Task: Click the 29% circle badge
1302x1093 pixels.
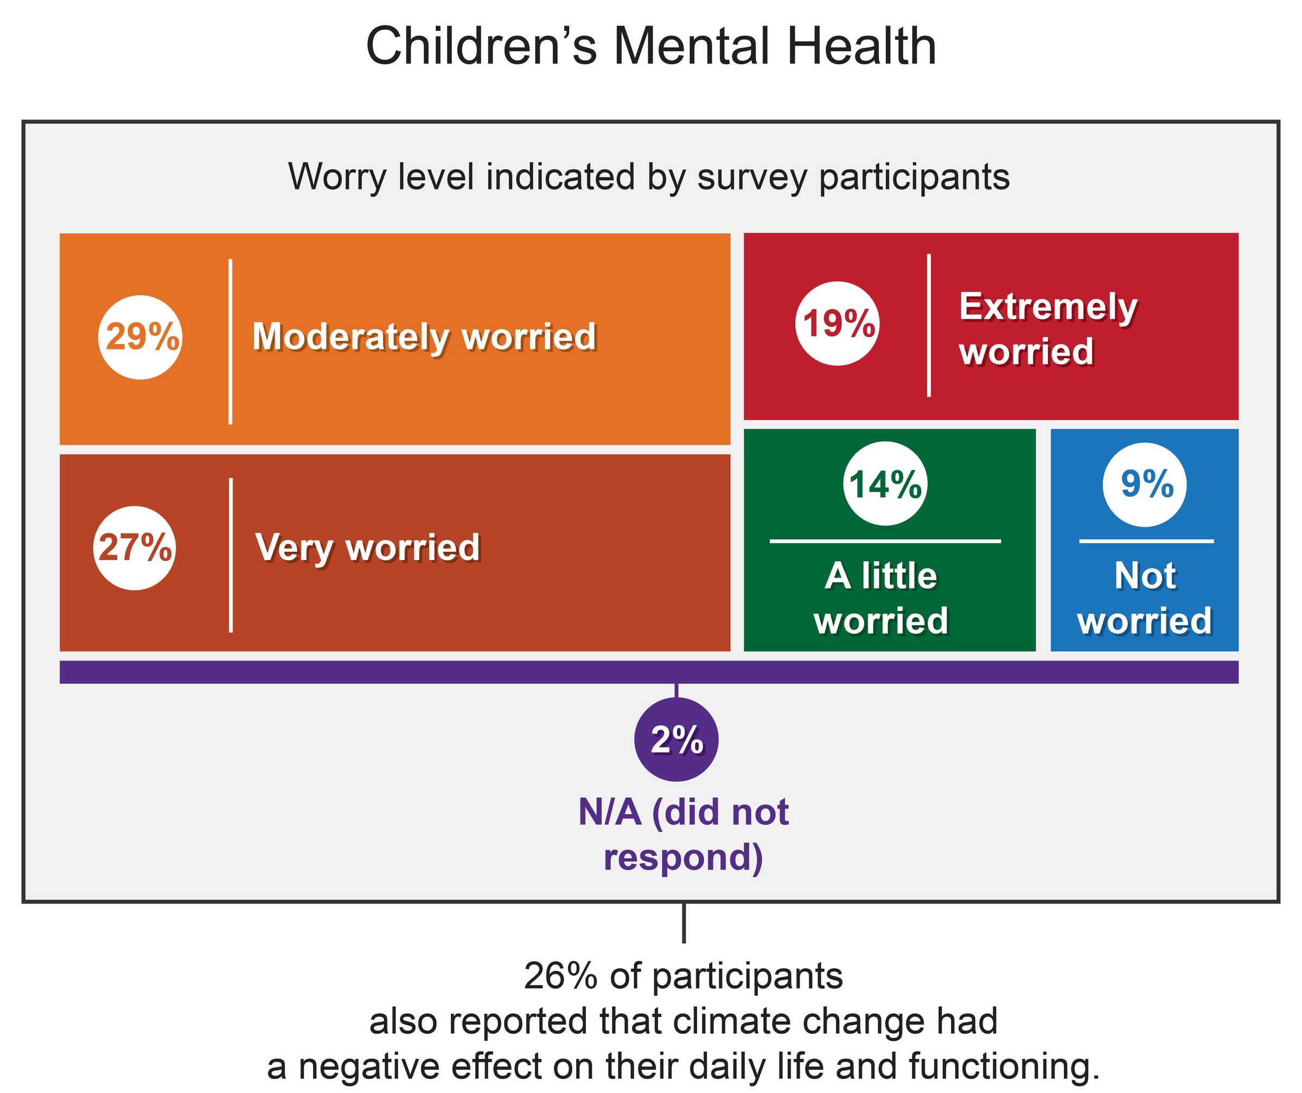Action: click(140, 337)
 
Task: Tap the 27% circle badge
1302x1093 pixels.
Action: click(135, 548)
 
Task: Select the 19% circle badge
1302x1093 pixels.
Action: click(837, 323)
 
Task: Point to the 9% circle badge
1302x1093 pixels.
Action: click(1145, 485)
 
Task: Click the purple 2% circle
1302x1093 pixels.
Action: click(676, 739)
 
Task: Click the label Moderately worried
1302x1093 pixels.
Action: click(424, 337)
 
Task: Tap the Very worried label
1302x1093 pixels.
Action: click(368, 548)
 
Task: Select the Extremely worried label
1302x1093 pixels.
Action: click(1048, 329)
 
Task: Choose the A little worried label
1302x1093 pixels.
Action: click(881, 598)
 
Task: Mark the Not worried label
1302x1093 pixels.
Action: click(1145, 598)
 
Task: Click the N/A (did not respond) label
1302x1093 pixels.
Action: click(683, 834)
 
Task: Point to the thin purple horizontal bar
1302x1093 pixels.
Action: click(648, 672)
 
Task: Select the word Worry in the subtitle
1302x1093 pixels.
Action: click(337, 177)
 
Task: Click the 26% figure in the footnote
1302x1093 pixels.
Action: click(560, 976)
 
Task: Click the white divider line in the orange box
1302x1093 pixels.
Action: click(231, 341)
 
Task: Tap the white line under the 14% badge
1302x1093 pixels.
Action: click(885, 541)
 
